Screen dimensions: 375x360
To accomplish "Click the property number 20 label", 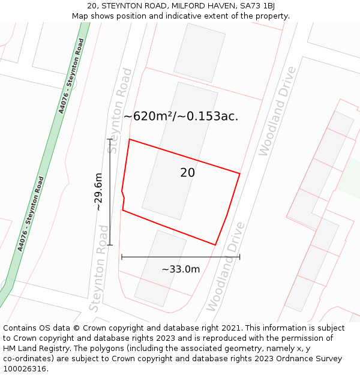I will (x=187, y=173).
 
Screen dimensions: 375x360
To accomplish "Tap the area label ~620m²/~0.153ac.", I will (x=181, y=116).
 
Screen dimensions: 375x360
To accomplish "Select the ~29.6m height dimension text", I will (x=98, y=192).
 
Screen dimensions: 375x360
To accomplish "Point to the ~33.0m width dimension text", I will (x=181, y=269).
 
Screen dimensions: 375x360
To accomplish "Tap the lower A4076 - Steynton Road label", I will (x=31, y=213).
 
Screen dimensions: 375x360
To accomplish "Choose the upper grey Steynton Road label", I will (x=119, y=111).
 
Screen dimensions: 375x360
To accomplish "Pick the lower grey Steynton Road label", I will (x=99, y=268).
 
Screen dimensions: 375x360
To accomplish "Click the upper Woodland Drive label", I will (x=277, y=112).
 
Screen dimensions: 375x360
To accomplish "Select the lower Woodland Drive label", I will (x=226, y=267).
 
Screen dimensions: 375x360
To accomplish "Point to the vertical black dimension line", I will (x=110, y=192).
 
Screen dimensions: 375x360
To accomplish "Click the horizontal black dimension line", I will (x=181, y=257).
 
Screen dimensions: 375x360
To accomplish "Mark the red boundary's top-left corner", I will (x=129, y=140).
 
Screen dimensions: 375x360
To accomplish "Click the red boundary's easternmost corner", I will (x=240, y=174).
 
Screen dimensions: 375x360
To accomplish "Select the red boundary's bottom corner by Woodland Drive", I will (x=215, y=245).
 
